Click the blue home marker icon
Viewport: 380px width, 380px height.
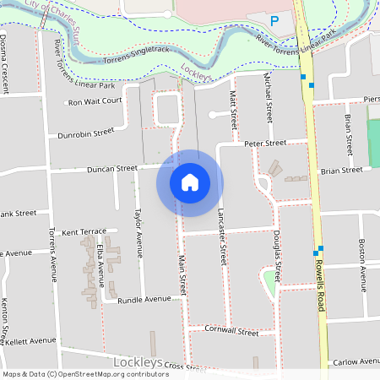[x=190, y=182]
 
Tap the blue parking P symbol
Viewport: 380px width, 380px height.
[x=273, y=20]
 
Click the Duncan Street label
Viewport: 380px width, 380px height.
[x=111, y=169]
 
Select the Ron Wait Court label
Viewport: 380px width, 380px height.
[x=95, y=100]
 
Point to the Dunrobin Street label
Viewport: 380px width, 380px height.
[x=85, y=133]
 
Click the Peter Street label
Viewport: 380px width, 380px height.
[x=265, y=144]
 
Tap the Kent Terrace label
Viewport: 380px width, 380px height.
[x=84, y=231]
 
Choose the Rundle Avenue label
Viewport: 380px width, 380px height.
[x=144, y=299]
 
